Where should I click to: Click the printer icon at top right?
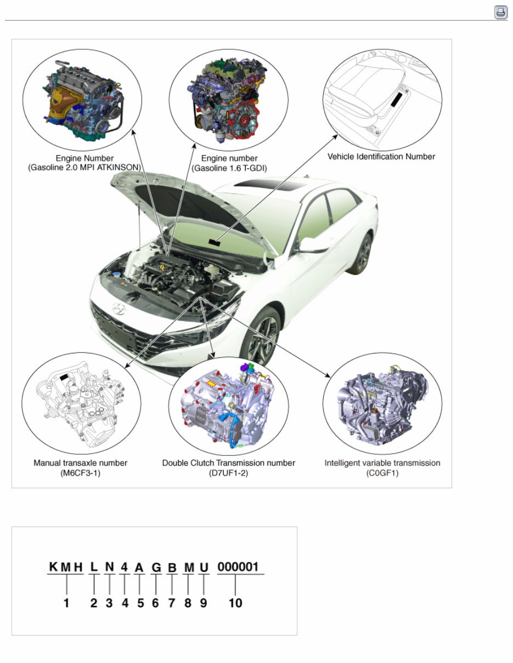pyautogui.click(x=500, y=12)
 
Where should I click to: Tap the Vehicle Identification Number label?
pyautogui.click(x=381, y=157)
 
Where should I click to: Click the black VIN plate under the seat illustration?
pyautogui.click(x=397, y=99)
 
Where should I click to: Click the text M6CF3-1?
pyautogui.click(x=80, y=473)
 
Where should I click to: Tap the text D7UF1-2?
pyautogui.click(x=228, y=473)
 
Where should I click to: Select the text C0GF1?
pyautogui.click(x=382, y=473)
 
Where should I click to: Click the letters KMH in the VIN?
pyautogui.click(x=66, y=567)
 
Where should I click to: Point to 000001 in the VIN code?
pyautogui.click(x=238, y=567)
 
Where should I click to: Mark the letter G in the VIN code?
pyautogui.click(x=156, y=568)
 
